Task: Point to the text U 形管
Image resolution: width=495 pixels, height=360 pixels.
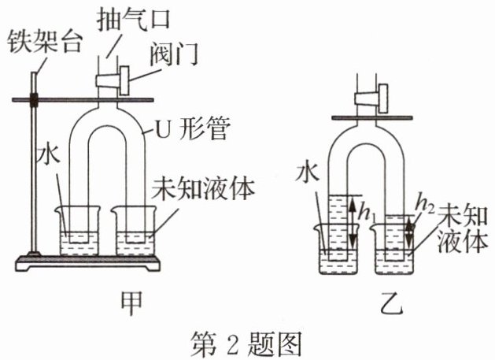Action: click(x=196, y=128)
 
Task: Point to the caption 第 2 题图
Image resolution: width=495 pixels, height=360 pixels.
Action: click(x=246, y=341)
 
